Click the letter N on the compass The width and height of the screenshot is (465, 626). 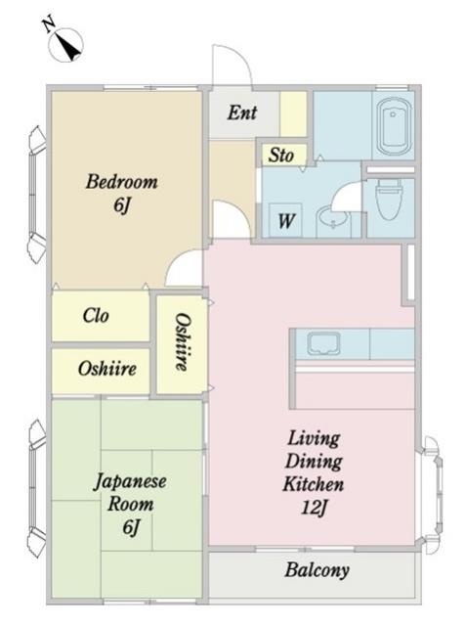click(49, 23)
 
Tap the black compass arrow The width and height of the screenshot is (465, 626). click(69, 47)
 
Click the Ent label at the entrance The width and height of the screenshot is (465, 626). click(242, 112)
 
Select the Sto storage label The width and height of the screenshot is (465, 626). click(281, 155)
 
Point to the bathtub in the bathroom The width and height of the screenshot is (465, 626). click(394, 126)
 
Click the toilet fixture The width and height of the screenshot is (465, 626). click(389, 199)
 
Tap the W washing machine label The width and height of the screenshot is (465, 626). click(286, 220)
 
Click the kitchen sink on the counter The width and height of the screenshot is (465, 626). click(323, 344)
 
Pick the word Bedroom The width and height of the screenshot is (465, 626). click(122, 182)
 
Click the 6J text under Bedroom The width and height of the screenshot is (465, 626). click(122, 205)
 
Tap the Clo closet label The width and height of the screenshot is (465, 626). click(96, 315)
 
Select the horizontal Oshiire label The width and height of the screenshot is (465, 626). click(106, 369)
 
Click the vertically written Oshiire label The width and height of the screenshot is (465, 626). click(183, 341)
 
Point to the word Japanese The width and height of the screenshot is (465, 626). click(130, 481)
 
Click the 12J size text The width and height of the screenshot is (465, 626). click(315, 508)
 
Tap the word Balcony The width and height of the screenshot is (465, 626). click(317, 570)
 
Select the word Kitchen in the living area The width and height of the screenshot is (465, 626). click(314, 484)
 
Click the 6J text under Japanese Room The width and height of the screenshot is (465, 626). click(131, 527)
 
